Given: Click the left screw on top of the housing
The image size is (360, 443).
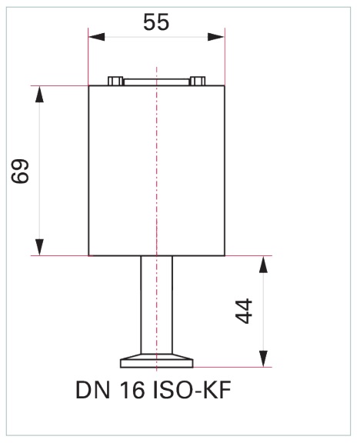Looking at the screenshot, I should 115,81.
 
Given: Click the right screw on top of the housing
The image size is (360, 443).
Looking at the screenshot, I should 197,81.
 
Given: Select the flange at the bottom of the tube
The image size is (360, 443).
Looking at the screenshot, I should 156,361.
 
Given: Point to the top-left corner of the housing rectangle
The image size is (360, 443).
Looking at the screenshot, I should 89,85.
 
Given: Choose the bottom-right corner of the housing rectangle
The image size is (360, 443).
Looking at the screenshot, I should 224,255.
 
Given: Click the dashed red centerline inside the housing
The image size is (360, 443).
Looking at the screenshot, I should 156,169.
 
